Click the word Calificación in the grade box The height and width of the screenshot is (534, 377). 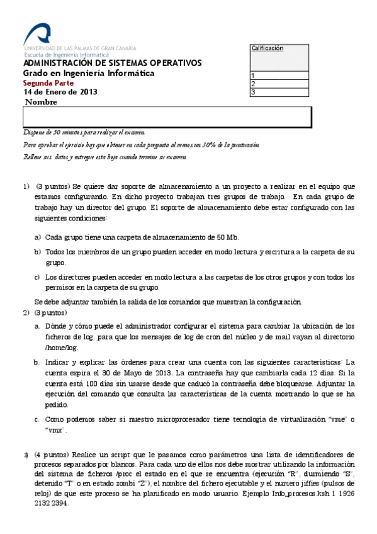click(x=267, y=48)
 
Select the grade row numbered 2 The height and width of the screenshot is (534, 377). click(x=279, y=84)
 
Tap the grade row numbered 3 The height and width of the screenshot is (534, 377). click(x=279, y=92)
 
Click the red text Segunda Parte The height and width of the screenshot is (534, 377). click(x=48, y=82)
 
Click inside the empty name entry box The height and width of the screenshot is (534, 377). click(x=167, y=117)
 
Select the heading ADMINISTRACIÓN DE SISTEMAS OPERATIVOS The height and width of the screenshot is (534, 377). click(x=113, y=63)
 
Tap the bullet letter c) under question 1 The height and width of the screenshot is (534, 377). click(x=37, y=276)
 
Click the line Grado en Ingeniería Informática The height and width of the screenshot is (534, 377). click(x=89, y=73)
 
